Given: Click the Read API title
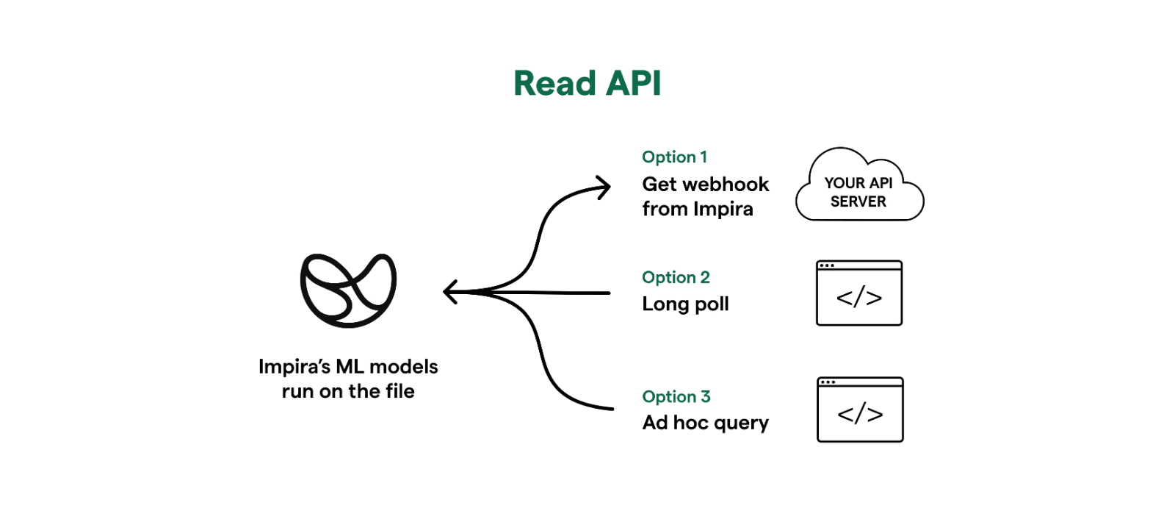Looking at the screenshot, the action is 587,83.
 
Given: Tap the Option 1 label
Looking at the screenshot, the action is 675,157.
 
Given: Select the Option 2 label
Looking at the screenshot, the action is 676,277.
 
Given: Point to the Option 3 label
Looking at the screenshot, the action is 676,396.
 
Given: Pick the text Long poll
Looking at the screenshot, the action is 686,304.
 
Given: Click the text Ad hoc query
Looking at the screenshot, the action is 706,423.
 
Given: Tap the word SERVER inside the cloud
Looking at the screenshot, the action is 858,201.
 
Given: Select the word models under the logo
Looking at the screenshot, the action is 403,367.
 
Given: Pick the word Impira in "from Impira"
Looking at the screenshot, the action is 723,210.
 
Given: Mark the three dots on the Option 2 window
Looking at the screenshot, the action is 827,265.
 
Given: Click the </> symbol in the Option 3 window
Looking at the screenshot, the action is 860,415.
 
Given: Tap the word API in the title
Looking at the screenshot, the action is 633,83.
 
